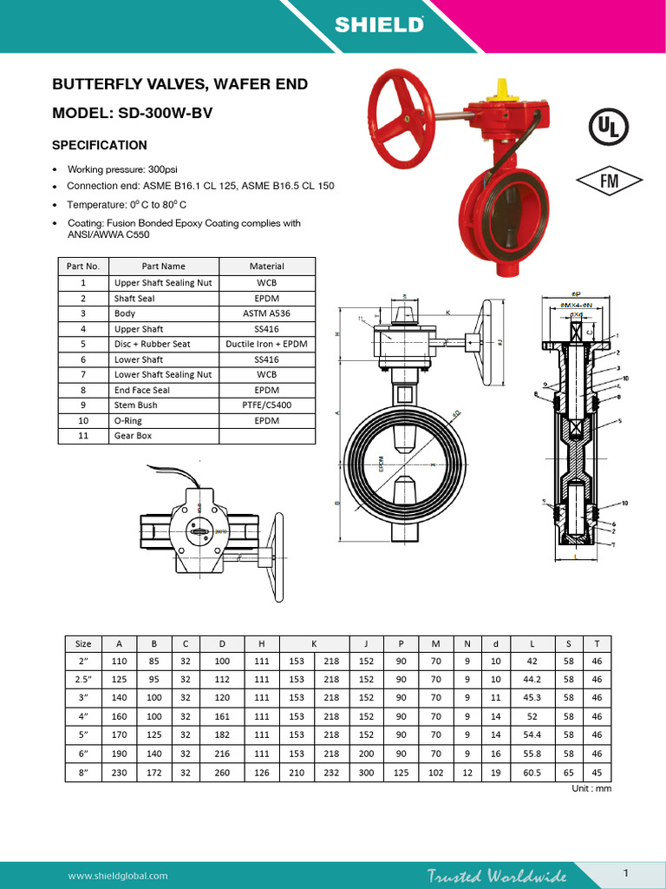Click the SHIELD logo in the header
point(380,25)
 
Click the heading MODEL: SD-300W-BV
point(133,113)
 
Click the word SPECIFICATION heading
point(100,145)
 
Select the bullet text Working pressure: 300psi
point(122,169)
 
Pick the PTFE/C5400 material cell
point(267,405)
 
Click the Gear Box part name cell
point(133,436)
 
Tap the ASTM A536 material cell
point(267,313)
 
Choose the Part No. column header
point(83,267)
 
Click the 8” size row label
point(83,772)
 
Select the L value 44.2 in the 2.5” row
point(532,679)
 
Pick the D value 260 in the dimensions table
point(222,772)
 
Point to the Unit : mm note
point(591,788)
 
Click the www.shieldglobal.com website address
point(118,876)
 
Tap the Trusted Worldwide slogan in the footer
point(497,875)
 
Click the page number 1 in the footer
point(625,871)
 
